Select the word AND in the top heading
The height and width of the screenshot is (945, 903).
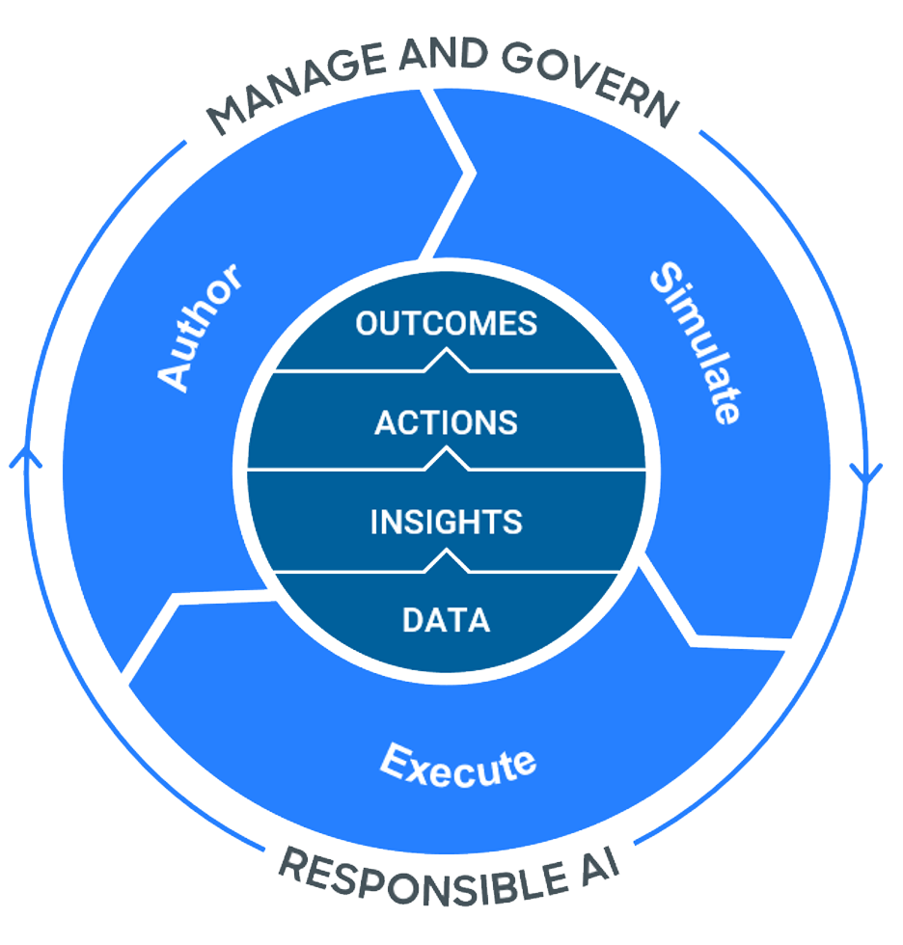tap(444, 54)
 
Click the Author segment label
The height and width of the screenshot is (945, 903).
tap(200, 328)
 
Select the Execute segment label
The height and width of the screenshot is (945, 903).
tap(458, 766)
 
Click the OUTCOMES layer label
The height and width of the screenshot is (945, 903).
tap(446, 324)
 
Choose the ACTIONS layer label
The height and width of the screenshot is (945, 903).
tap(446, 422)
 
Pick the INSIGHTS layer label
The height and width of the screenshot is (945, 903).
tap(446, 522)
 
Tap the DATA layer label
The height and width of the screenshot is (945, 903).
tap(446, 620)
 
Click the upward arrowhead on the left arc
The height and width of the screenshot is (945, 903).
tap(25, 456)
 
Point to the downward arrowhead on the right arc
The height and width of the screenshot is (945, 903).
tap(866, 473)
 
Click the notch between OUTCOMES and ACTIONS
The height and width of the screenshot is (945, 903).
tap(447, 359)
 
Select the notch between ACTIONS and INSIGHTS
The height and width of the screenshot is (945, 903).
tap(447, 457)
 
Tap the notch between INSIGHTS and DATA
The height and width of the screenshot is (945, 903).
tap(447, 560)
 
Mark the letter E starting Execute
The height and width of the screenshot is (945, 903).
tap(396, 760)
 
